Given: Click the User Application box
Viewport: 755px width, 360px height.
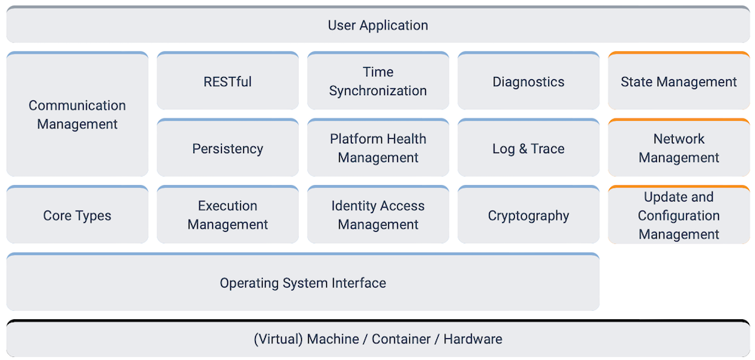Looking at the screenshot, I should point(377,25).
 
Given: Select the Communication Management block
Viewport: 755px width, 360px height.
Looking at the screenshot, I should point(77,114).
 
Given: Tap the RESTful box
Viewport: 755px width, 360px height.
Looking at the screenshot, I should point(227,82).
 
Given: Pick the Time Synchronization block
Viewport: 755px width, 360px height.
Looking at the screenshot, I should point(377,82).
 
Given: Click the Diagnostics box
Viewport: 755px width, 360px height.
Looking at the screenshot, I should point(528,82).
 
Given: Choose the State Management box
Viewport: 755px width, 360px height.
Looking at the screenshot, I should point(678,82).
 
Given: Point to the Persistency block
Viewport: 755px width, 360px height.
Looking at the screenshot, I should point(227,149).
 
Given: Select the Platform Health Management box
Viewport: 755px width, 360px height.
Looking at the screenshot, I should point(377,149).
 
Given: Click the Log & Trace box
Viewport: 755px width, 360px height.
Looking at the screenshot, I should point(528,149).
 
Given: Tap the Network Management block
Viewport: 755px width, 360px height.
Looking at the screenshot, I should point(678,149).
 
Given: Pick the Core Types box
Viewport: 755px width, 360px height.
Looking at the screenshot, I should point(77,216).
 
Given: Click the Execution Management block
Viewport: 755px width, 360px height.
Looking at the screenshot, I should point(227,216).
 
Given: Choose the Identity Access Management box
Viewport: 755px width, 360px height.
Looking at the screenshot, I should point(377,216).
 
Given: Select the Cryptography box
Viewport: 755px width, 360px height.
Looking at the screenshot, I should point(528,216).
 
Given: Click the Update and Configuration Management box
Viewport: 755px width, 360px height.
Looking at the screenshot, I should point(678,216).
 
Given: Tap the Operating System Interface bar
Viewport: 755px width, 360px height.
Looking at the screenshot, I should point(303,283).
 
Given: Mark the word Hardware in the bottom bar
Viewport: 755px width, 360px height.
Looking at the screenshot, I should point(473,340).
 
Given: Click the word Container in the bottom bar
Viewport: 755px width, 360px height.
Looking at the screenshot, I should point(400,340).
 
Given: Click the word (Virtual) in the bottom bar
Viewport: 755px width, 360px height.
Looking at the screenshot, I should point(278,340).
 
